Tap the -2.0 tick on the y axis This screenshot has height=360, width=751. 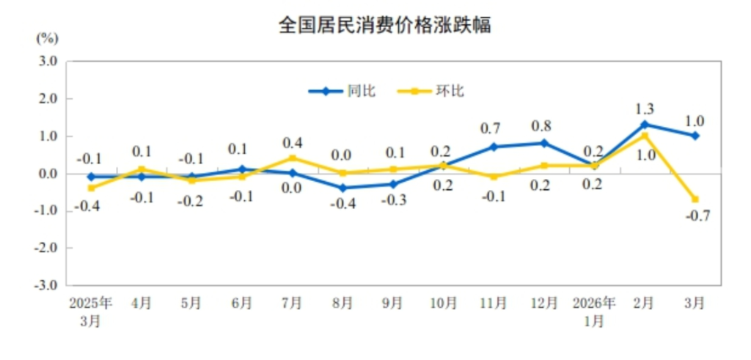tap(46, 248)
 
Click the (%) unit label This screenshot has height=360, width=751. tap(47, 37)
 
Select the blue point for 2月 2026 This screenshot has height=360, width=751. tap(645, 125)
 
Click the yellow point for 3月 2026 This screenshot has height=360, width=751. tap(695, 199)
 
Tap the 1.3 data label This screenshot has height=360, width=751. tap(645, 109)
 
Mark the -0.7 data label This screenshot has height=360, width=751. tap(693, 216)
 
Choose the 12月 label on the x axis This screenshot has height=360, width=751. tap(543, 304)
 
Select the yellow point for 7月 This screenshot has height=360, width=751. tap(292, 158)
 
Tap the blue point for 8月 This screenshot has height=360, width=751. tap(342, 188)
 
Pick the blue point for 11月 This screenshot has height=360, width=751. tap(494, 147)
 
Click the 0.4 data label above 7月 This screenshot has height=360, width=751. tap(293, 142)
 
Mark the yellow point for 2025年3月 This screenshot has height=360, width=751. tap(91, 188)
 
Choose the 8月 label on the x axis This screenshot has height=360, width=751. tap(342, 304)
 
